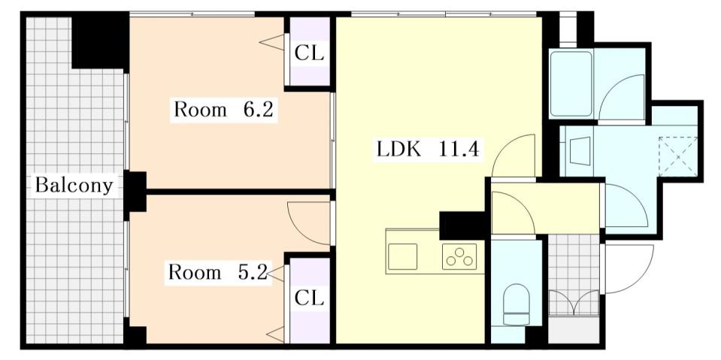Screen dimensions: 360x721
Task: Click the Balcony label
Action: pyautogui.click(x=74, y=185)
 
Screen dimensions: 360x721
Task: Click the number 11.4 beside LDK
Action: pyautogui.click(x=459, y=149)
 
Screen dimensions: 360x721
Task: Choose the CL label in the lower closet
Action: pyautogui.click(x=309, y=298)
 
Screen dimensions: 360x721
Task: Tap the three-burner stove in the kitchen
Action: pyautogui.click(x=459, y=257)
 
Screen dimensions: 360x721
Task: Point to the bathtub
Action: pyautogui.click(x=571, y=83)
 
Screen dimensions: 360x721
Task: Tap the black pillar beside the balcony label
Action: pyautogui.click(x=136, y=191)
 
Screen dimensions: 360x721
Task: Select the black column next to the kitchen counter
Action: pyautogui.click(x=462, y=224)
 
